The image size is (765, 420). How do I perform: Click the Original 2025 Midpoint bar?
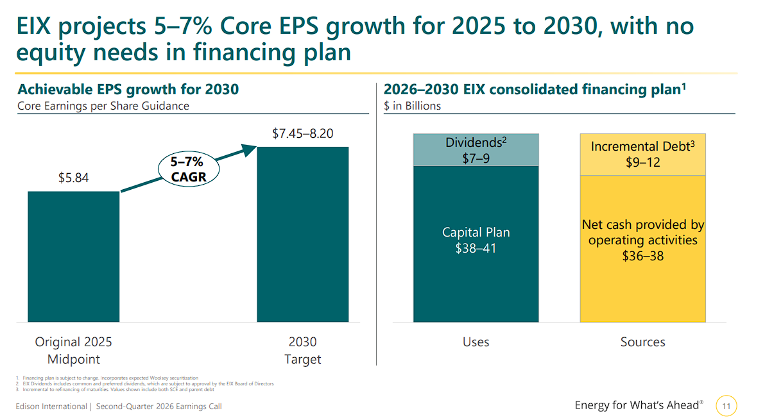[73, 256]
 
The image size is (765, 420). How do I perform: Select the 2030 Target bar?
[302, 234]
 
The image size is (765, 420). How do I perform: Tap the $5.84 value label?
[73, 178]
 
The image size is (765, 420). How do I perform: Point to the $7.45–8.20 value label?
[302, 133]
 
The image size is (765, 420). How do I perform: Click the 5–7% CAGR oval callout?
[189, 169]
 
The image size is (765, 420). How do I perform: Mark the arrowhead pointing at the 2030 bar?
[249, 150]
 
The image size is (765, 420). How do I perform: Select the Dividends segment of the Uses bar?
[476, 150]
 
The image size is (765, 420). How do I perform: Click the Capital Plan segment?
[476, 244]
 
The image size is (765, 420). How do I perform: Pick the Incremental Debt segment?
[642, 155]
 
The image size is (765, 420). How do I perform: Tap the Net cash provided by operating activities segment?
[642, 249]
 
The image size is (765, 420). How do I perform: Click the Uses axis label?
[476, 342]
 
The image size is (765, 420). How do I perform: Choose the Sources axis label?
[642, 342]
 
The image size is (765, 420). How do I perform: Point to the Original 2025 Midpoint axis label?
[73, 350]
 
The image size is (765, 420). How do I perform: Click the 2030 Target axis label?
[302, 350]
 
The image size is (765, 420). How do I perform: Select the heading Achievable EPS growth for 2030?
[128, 90]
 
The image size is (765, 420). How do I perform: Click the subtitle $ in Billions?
[412, 106]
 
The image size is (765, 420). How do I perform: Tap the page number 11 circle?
[726, 406]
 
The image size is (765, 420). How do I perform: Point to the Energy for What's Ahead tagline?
[639, 405]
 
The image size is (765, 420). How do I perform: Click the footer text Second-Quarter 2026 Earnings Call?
[159, 407]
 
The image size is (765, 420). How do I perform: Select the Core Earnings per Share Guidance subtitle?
[103, 106]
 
